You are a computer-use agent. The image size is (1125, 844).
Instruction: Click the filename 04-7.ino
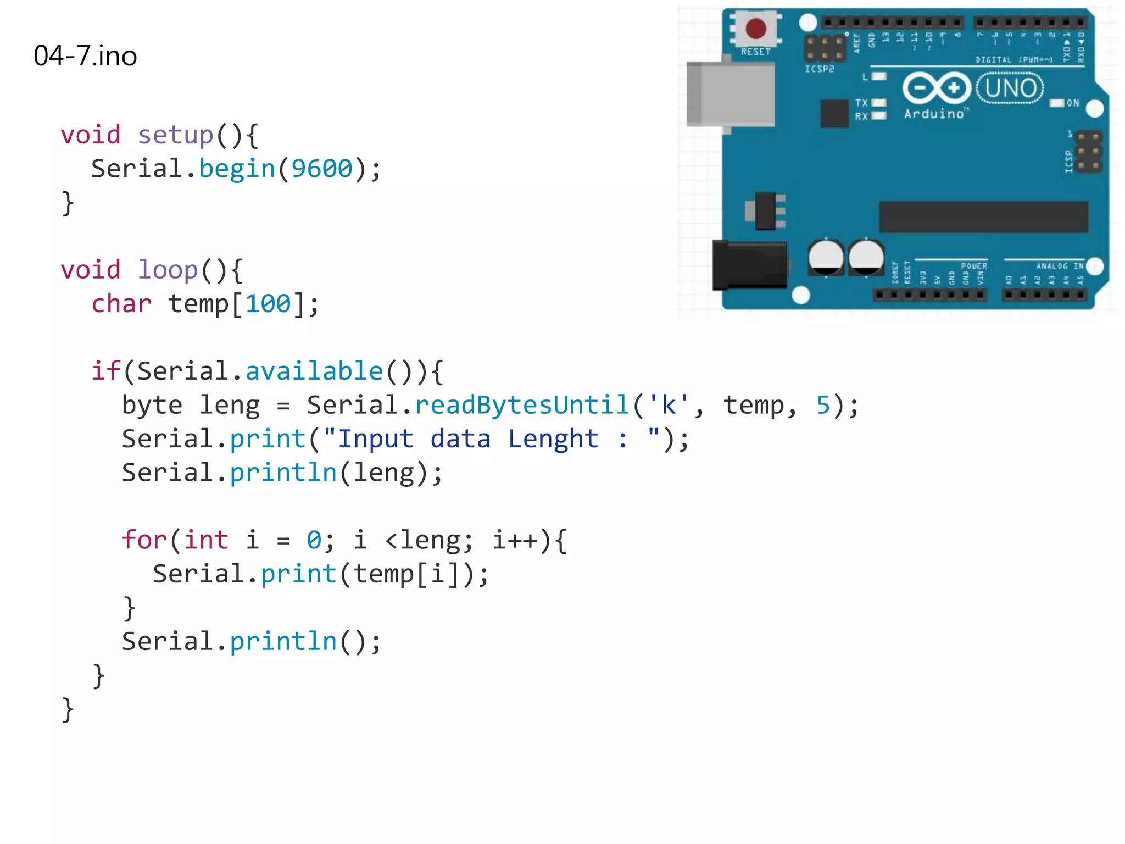coord(85,56)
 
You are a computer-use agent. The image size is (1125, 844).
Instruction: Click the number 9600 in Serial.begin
coord(321,169)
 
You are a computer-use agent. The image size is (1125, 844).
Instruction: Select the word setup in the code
coord(175,135)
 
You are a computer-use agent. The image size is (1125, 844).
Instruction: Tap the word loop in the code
coord(168,270)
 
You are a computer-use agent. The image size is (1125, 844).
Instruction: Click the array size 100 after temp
coord(268,304)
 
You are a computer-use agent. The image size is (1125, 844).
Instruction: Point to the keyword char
coord(121,304)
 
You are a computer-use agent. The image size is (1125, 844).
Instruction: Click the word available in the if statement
coord(314,371)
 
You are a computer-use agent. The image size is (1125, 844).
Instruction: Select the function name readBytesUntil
coord(522,406)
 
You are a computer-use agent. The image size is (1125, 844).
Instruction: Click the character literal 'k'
coord(669,406)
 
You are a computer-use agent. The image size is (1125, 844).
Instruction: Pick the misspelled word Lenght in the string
coord(553,439)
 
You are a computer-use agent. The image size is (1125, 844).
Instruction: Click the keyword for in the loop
coord(144,540)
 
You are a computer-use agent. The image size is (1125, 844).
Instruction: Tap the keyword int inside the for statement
coord(206,540)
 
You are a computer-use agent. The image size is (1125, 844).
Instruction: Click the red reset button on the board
coord(756,29)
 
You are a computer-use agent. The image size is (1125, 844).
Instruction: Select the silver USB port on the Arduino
coord(731,95)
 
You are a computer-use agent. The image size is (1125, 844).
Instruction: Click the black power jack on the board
coord(750,265)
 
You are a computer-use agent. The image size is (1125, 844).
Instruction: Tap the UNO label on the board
coord(1010,88)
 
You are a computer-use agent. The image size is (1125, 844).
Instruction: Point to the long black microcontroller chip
coord(983,216)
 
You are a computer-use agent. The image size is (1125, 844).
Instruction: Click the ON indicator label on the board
coord(1072,103)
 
